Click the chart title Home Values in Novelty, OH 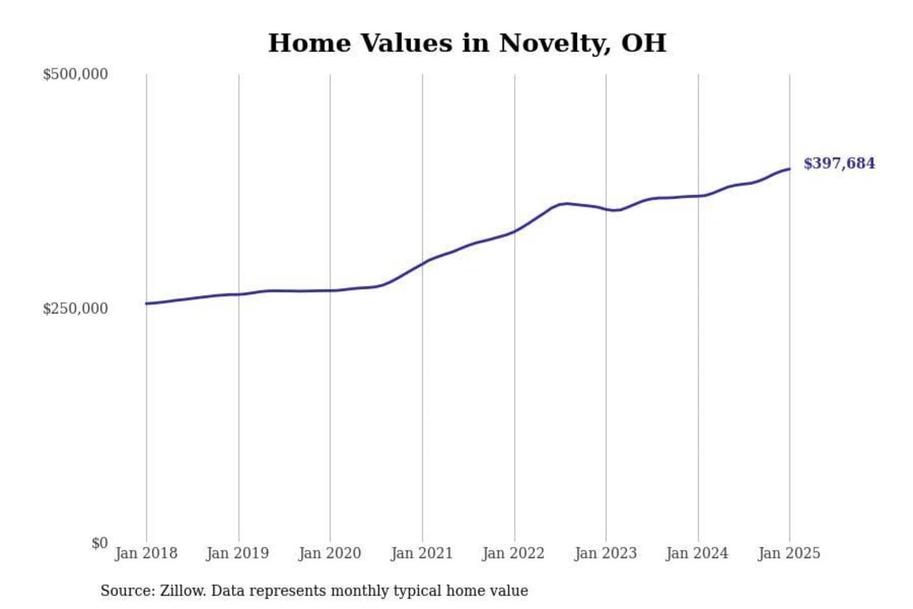[467, 43]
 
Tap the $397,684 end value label [839, 164]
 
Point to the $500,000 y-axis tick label [75, 74]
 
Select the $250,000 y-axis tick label [75, 308]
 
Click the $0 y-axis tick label [100, 543]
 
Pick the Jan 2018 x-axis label [146, 553]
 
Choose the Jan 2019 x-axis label [238, 553]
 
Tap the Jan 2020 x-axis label [330, 553]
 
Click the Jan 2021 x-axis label [422, 553]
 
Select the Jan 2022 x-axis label [514, 553]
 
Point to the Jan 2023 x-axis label [605, 553]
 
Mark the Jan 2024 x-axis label [697, 553]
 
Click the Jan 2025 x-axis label [789, 553]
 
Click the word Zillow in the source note [183, 591]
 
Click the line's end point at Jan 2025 [789, 169]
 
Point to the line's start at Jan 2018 [146, 303]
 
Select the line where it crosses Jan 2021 [422, 263]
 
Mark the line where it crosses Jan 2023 [606, 209]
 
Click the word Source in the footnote [127, 591]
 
